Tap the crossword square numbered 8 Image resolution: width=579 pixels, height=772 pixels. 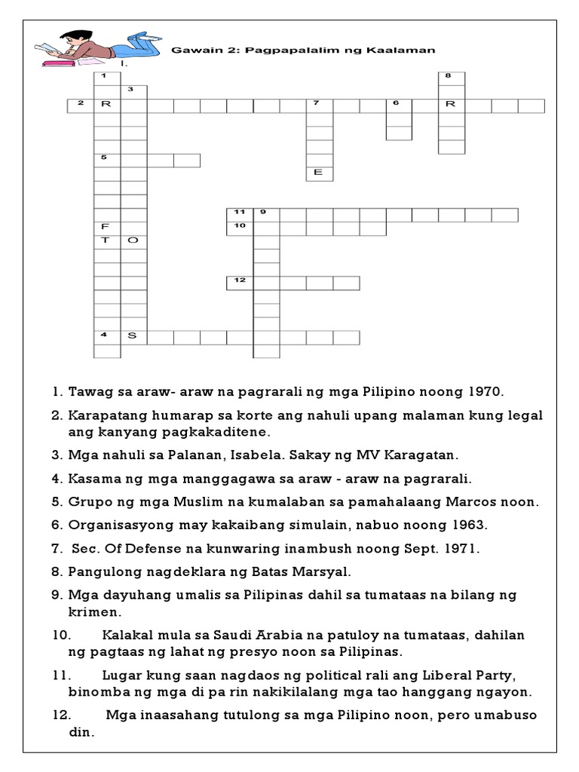tap(452, 78)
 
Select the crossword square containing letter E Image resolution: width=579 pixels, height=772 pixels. tap(319, 173)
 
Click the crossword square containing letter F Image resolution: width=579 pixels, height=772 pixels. tap(106, 227)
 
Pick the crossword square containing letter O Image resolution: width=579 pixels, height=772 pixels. tap(133, 240)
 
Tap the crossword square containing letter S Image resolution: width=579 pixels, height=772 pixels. tap(133, 336)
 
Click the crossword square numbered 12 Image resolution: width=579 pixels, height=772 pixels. tap(240, 282)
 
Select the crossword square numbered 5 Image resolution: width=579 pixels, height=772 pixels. tap(106, 160)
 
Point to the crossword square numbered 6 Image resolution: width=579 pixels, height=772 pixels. tap(399, 106)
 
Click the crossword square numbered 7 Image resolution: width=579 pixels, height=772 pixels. tap(319, 106)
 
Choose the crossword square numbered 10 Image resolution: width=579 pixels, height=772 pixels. tap(240, 228)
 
